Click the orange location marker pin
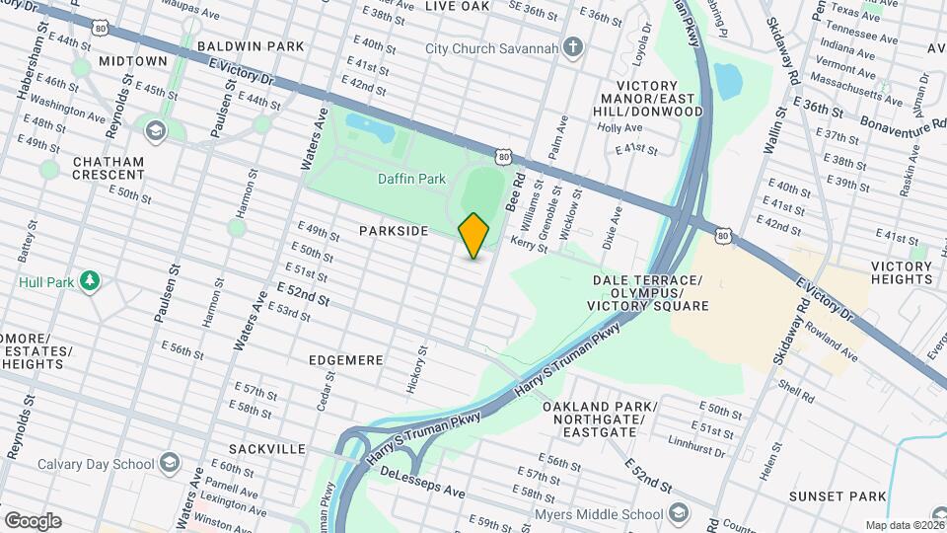[x=473, y=235]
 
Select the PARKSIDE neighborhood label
[x=394, y=231]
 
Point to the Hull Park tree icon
[x=90, y=282]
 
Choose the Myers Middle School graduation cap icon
[x=679, y=513]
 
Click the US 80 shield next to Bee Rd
[x=505, y=156]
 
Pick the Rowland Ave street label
[x=837, y=344]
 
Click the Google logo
[x=33, y=520]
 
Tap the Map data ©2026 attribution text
[x=904, y=525]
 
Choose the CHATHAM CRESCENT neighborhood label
[x=108, y=168]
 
